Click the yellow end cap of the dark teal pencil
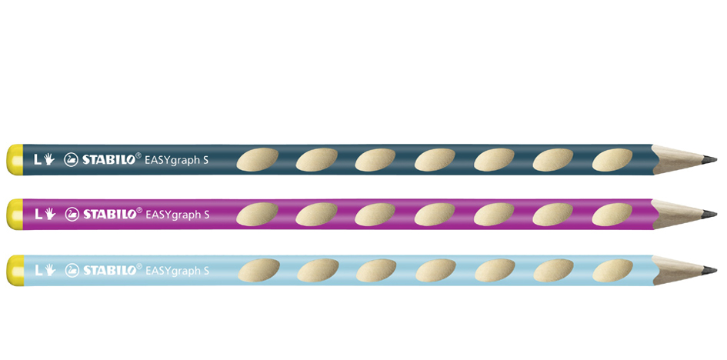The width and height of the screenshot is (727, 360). tap(14, 160)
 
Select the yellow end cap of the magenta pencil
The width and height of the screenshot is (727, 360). tap(14, 214)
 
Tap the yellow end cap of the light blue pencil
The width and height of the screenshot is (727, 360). tap(14, 270)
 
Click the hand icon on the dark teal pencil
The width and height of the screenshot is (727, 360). tap(48, 160)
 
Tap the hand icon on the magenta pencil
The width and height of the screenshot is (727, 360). tap(48, 214)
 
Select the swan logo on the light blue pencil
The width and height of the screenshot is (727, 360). tap(72, 270)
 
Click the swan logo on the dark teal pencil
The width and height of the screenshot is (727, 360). tap(72, 160)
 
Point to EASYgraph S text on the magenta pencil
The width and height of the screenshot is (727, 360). tap(177, 214)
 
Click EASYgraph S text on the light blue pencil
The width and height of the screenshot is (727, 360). tap(177, 270)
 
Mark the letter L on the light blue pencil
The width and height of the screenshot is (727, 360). tap(36, 270)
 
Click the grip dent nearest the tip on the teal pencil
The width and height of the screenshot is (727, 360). tap(613, 160)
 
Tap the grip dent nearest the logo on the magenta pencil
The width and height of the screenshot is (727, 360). tap(256, 214)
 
